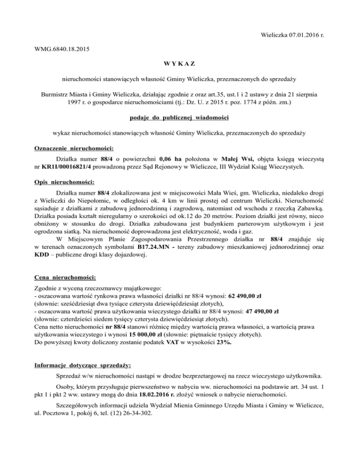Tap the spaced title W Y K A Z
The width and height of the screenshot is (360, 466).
(180, 62)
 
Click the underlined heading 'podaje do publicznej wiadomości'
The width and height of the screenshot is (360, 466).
(180, 117)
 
